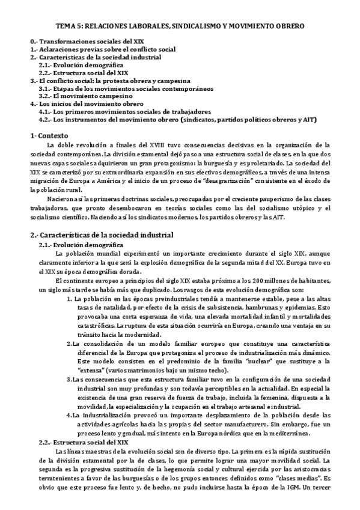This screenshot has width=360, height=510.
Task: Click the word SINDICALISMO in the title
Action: coord(200,26)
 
